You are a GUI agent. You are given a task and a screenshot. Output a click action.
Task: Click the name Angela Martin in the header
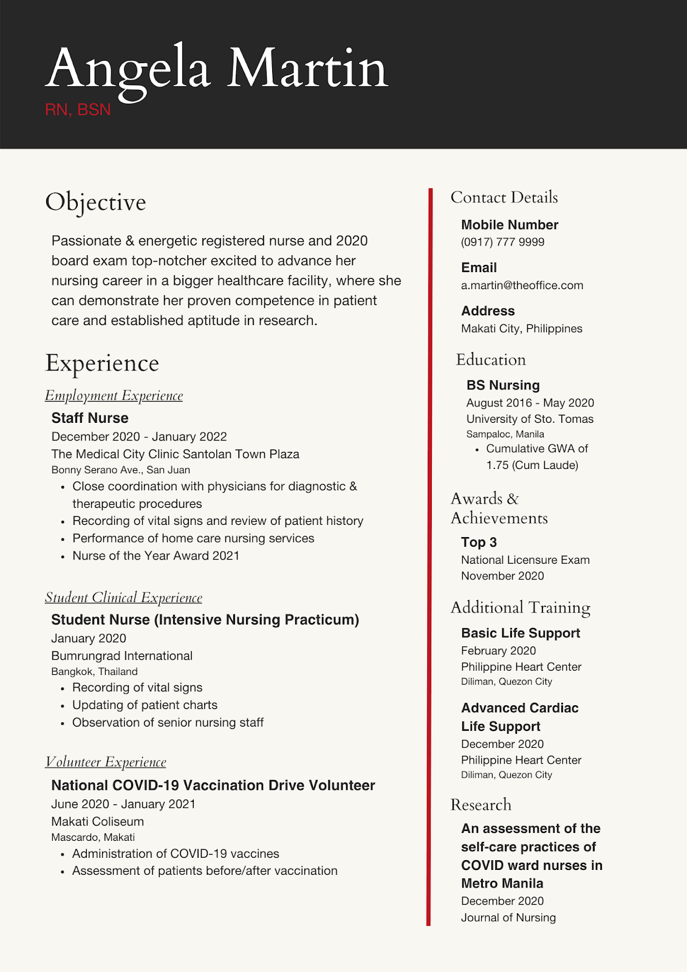click(x=216, y=70)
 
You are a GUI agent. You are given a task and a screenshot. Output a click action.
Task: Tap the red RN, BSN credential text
click(x=78, y=110)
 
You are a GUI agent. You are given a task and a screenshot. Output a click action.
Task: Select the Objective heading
click(x=95, y=202)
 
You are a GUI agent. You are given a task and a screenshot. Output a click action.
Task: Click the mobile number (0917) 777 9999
click(x=502, y=242)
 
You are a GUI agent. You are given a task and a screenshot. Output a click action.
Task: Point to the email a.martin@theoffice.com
click(x=522, y=286)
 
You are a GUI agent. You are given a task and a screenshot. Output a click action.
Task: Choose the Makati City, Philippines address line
click(x=521, y=329)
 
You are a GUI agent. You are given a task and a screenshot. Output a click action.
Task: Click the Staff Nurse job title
click(x=90, y=418)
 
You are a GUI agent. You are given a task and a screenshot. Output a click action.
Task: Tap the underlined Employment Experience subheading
click(x=114, y=395)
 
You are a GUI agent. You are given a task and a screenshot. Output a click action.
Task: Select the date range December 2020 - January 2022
click(x=139, y=437)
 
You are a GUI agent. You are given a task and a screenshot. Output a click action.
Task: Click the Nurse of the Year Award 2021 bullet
click(x=156, y=556)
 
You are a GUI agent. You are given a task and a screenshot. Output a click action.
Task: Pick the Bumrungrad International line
click(x=121, y=656)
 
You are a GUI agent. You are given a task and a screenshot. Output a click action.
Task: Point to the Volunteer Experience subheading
click(x=105, y=762)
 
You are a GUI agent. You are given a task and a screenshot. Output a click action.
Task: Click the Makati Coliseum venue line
click(x=97, y=822)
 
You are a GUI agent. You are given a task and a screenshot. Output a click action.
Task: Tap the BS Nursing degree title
click(x=503, y=385)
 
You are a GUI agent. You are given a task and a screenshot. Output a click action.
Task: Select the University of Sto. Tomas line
click(x=530, y=419)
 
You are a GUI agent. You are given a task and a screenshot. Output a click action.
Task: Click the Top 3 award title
click(x=479, y=542)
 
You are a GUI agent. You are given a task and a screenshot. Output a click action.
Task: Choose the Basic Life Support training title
click(x=521, y=633)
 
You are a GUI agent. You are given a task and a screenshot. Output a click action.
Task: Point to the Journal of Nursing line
click(x=508, y=918)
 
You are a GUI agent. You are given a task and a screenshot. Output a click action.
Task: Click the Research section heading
click(x=480, y=805)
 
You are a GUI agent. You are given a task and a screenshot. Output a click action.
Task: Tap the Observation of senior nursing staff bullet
click(x=168, y=723)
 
